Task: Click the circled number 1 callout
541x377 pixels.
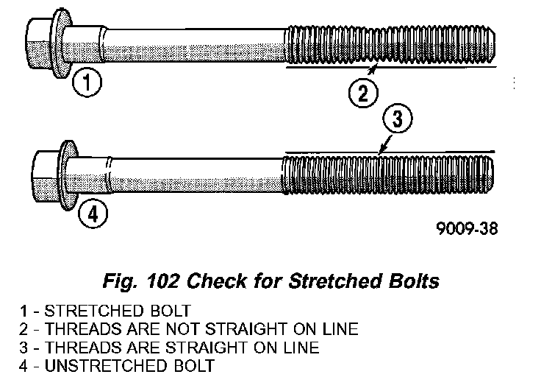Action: tap(87, 82)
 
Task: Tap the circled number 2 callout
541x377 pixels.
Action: tap(363, 93)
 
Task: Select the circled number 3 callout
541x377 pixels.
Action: tap(398, 118)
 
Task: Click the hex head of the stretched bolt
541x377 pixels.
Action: tap(38, 43)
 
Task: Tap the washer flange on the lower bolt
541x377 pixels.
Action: tap(68, 175)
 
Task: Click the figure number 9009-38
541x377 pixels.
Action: tap(467, 228)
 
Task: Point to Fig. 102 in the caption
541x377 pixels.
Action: tap(141, 281)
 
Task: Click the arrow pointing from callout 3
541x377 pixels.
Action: tap(385, 144)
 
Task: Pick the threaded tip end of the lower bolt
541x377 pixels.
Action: tap(491, 175)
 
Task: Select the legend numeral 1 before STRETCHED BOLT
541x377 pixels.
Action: tap(24, 310)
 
